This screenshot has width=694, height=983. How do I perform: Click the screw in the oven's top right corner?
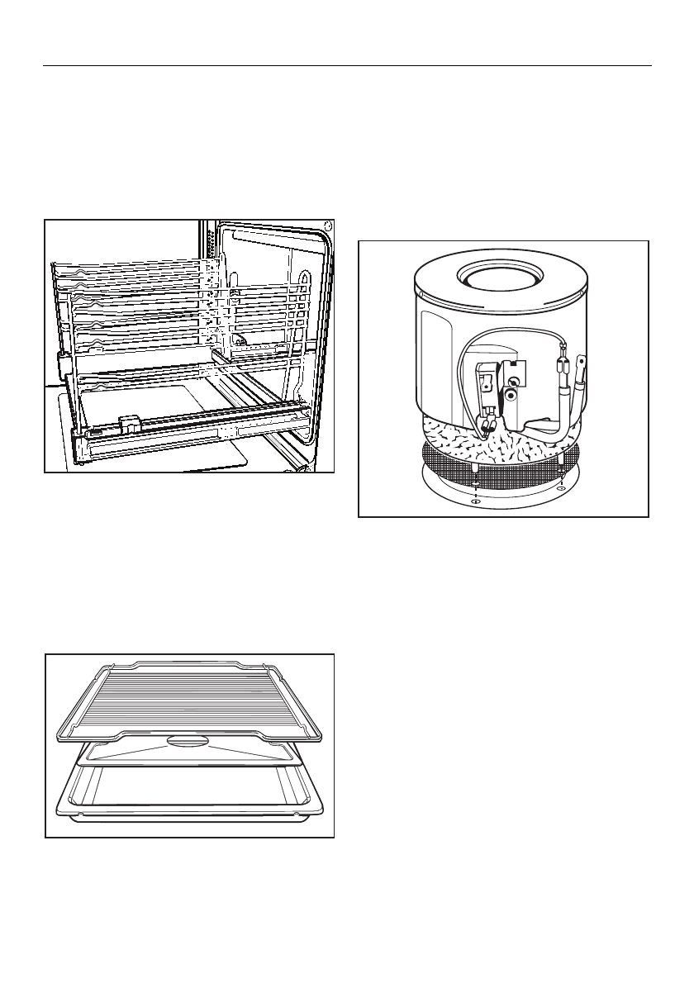pyautogui.click(x=328, y=225)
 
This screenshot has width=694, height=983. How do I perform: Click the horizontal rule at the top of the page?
pyautogui.click(x=347, y=65)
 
